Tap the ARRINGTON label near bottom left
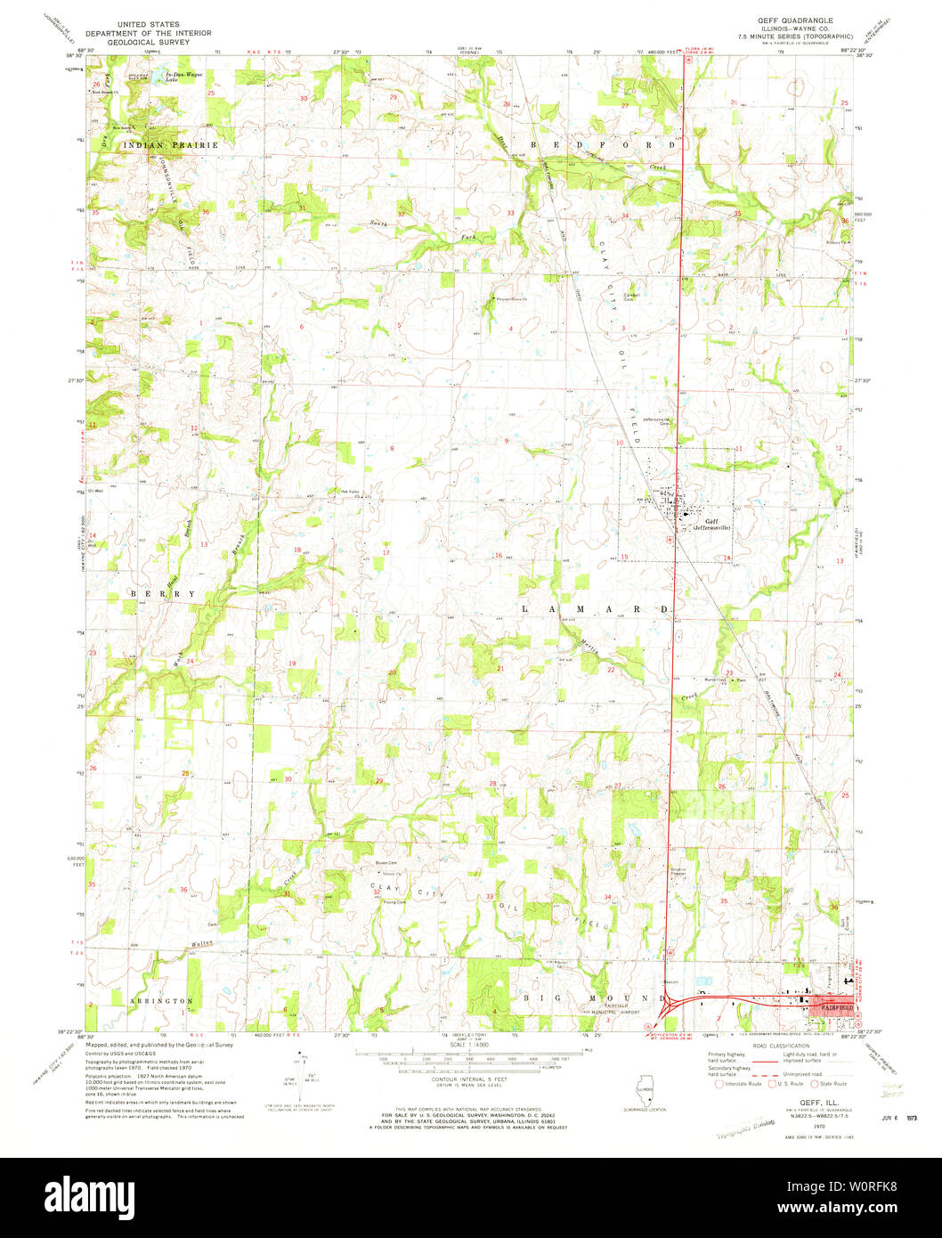click(164, 1001)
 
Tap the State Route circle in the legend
click(816, 1083)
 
